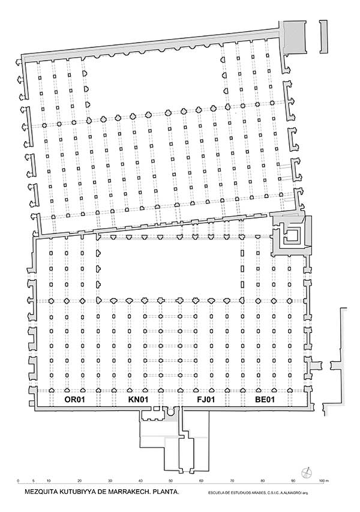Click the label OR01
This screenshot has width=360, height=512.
(75, 399)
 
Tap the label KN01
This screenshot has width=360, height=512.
(138, 399)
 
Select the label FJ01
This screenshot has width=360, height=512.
(206, 399)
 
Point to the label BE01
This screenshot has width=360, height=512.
(265, 399)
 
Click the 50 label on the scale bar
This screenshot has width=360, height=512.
(170, 481)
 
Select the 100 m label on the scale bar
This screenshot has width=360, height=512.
(324, 481)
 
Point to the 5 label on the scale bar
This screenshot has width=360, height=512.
(33, 481)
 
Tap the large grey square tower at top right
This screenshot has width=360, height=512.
(295, 37)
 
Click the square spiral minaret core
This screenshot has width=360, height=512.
(292, 235)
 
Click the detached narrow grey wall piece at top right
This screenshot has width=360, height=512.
(323, 37)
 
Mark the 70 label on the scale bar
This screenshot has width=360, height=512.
(232, 481)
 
